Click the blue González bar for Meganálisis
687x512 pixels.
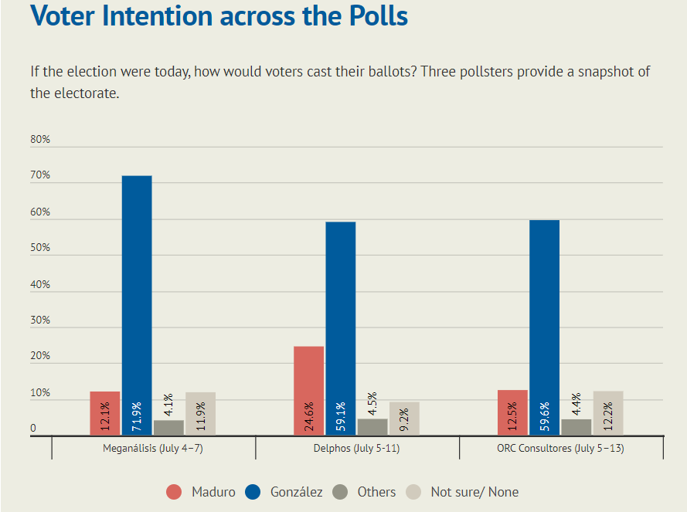point(137,305)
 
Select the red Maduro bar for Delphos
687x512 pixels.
point(309,391)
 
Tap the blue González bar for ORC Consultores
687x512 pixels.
point(544,327)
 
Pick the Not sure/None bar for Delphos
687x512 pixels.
point(404,419)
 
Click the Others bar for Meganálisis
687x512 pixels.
point(168,428)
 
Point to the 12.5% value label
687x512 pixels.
point(512,415)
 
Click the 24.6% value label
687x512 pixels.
point(309,416)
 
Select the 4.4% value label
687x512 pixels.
point(576,404)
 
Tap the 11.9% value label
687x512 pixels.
point(201,416)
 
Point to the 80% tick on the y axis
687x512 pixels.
point(40,139)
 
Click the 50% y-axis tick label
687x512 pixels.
point(40,247)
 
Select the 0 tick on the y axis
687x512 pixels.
point(33,428)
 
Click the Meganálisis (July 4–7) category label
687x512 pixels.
point(153,449)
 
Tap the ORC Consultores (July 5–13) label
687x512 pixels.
point(560,449)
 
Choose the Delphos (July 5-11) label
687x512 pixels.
point(357,449)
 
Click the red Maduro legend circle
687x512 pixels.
point(174,492)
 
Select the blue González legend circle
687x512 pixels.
point(253,492)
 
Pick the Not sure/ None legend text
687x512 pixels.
point(474,492)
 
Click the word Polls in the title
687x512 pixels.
point(379,15)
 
